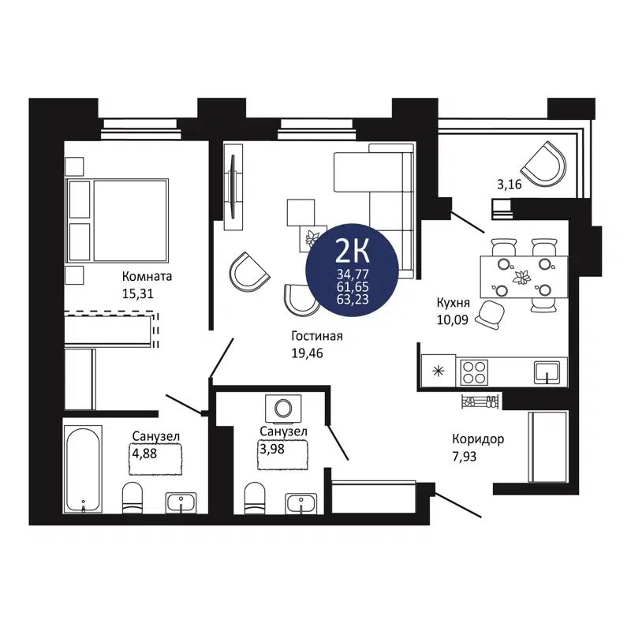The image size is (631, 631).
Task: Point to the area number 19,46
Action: pyautogui.click(x=308, y=353)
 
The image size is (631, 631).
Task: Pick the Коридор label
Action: pyautogui.click(x=478, y=439)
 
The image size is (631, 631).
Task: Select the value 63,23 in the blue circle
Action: pyautogui.click(x=353, y=299)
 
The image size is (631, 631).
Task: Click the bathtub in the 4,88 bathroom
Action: pyautogui.click(x=83, y=469)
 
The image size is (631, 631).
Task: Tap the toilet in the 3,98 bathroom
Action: pyautogui.click(x=255, y=497)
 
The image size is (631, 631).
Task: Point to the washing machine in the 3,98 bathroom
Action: pyautogui.click(x=282, y=408)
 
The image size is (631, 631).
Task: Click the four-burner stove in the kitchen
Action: pyautogui.click(x=475, y=371)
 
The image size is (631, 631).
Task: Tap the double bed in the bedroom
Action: pyautogui.click(x=118, y=221)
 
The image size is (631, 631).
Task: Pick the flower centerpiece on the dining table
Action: pyautogui.click(x=521, y=277)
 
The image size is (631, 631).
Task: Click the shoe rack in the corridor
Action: pyautogui.click(x=480, y=401)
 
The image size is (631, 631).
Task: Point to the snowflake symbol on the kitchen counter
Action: pyautogui.click(x=439, y=370)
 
